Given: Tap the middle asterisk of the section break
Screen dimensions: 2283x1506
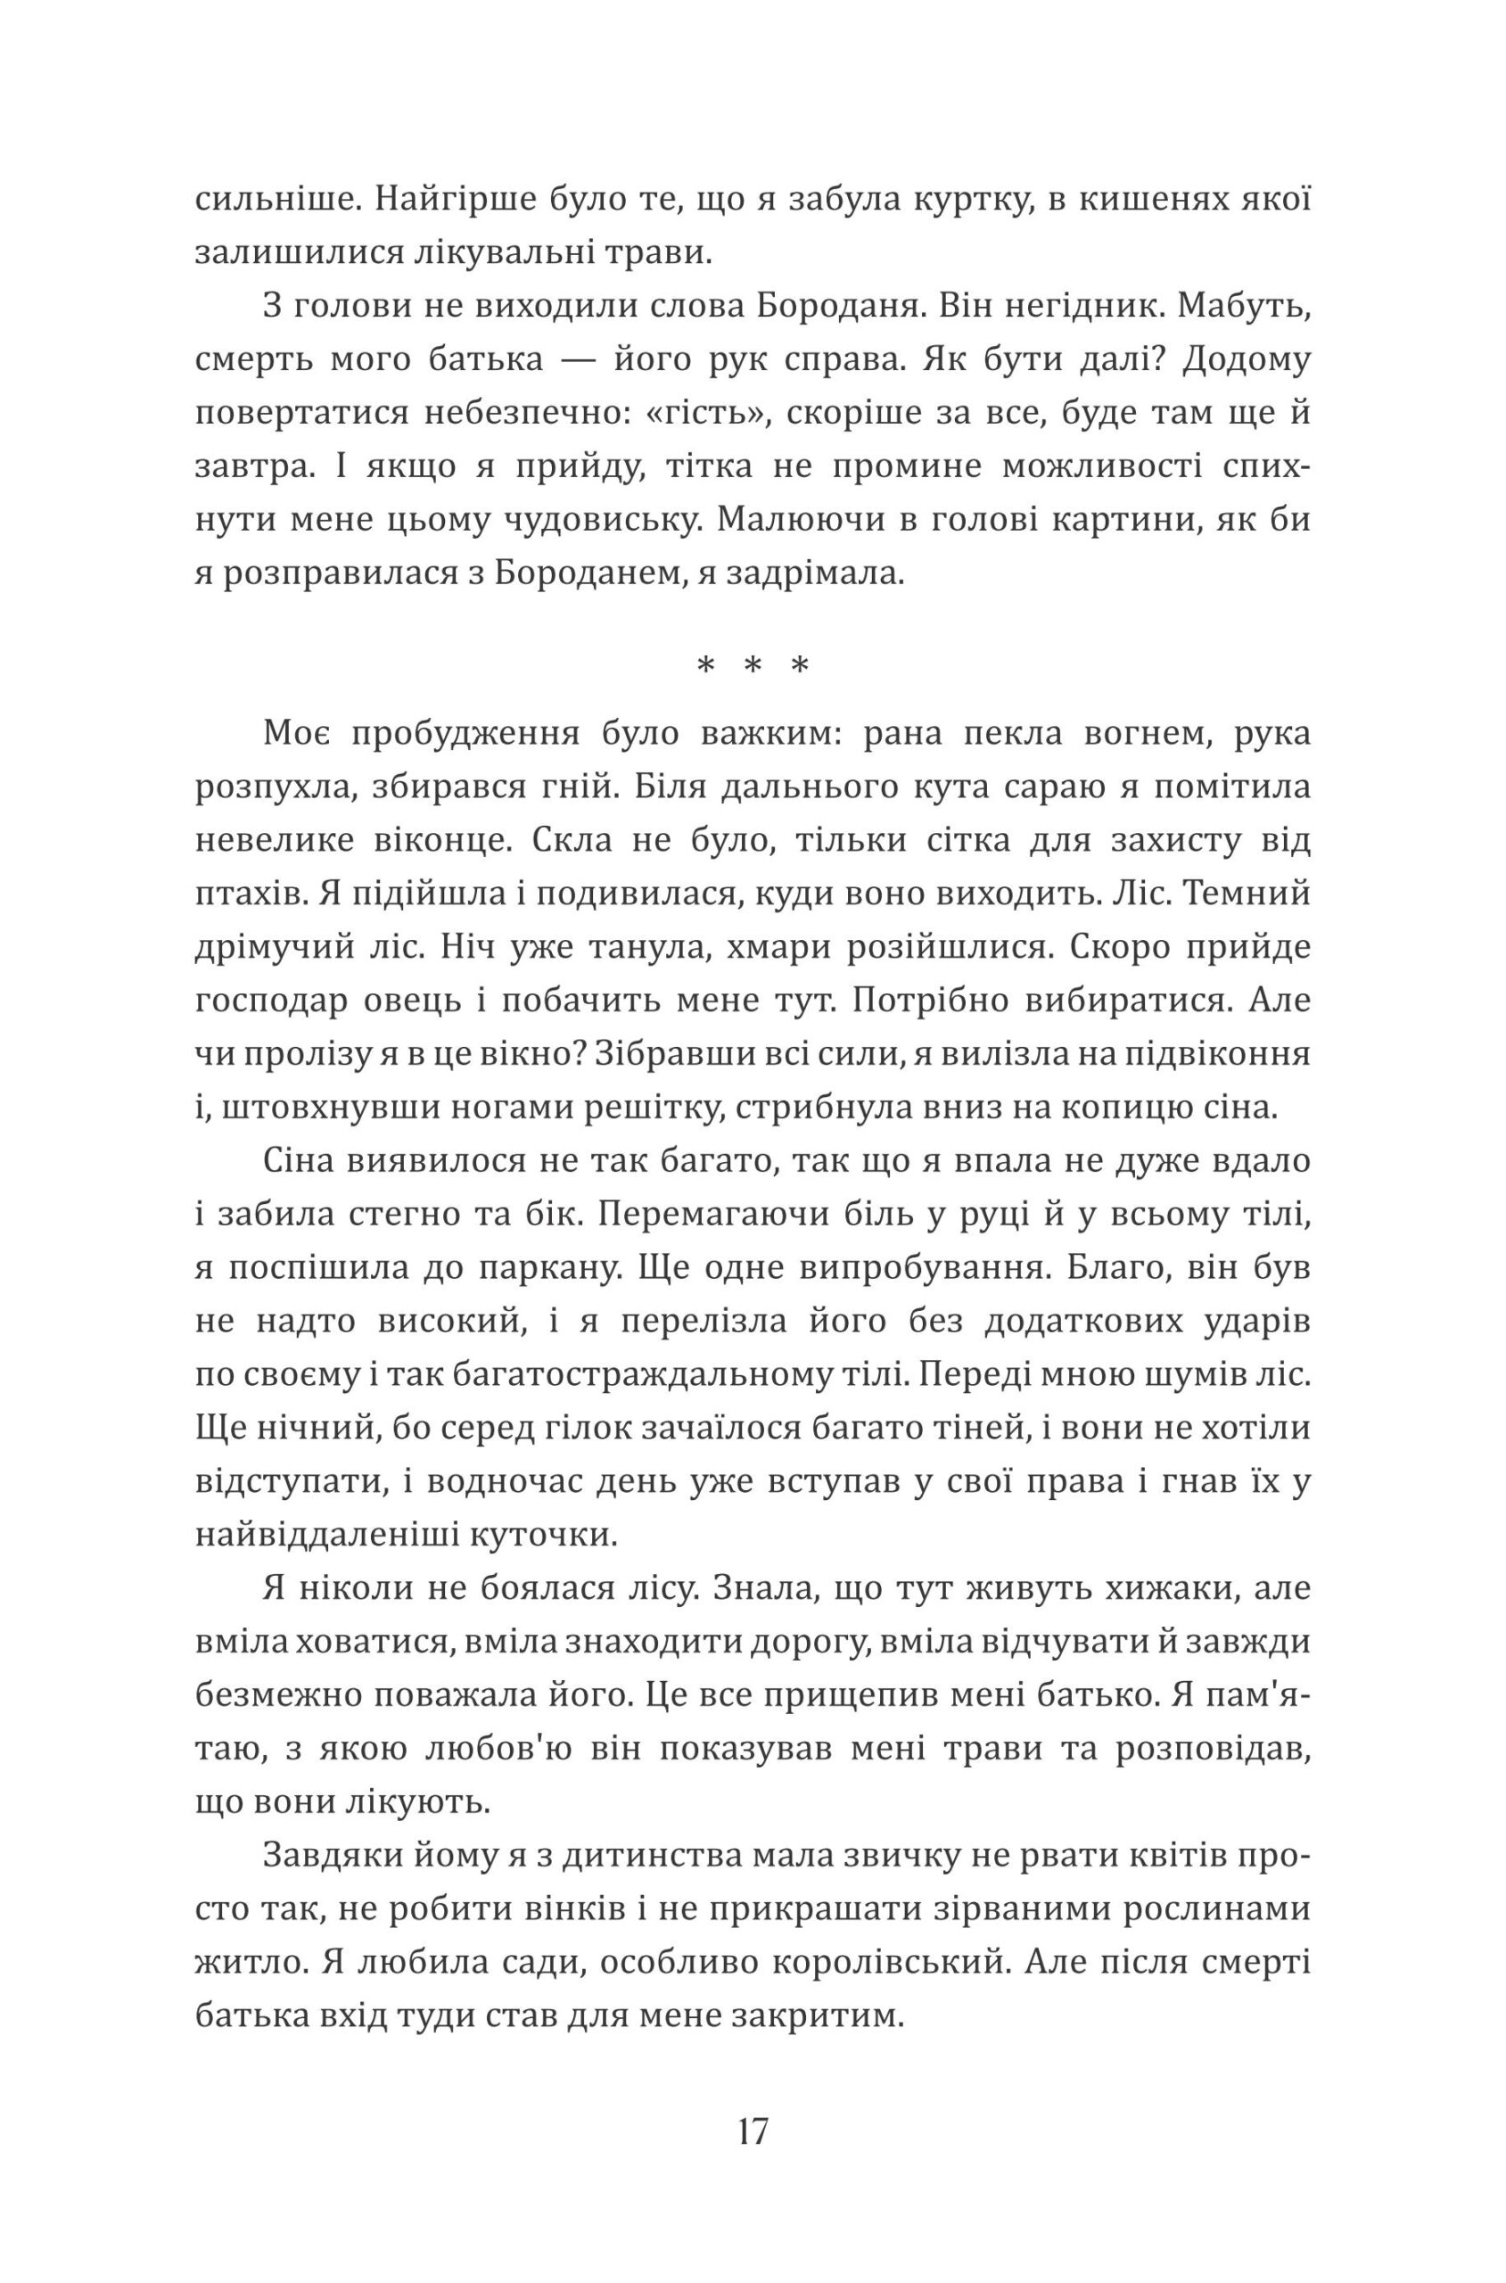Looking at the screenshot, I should click(753, 665).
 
